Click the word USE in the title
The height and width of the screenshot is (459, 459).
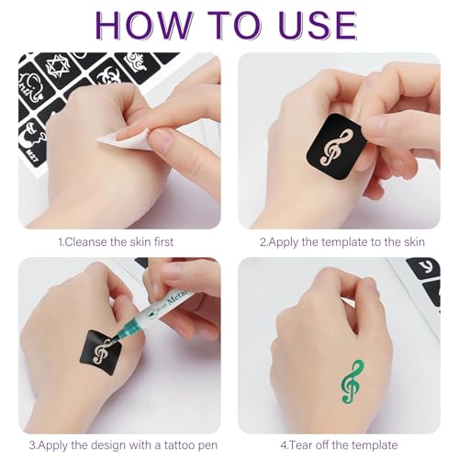click(x=313, y=24)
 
